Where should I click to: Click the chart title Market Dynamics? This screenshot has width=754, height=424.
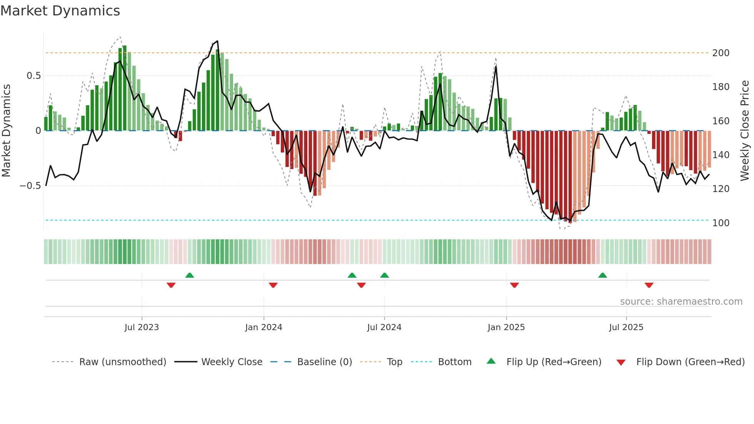tap(60, 11)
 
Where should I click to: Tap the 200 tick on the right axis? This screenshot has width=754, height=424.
tap(721, 53)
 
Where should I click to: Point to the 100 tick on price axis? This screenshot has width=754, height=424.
tap(721, 223)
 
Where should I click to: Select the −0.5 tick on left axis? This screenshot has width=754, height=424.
tap(30, 186)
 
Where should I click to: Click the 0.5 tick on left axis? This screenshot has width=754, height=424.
tap(33, 76)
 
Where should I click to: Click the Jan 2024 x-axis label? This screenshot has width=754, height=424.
tap(264, 327)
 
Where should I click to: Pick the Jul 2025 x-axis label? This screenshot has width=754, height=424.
tap(626, 327)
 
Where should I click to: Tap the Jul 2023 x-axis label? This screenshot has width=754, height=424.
tap(142, 327)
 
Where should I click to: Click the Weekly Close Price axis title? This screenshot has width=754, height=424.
tap(745, 131)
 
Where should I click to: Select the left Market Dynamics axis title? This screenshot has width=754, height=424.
tap(6, 131)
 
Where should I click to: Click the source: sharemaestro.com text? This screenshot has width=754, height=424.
tap(681, 302)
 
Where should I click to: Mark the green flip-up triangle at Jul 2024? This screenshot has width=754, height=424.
tap(384, 275)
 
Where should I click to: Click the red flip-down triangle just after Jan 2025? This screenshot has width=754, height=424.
tap(514, 285)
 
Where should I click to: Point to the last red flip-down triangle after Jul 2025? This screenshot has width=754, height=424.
tap(649, 285)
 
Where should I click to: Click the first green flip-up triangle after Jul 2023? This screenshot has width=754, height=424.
tap(189, 275)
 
